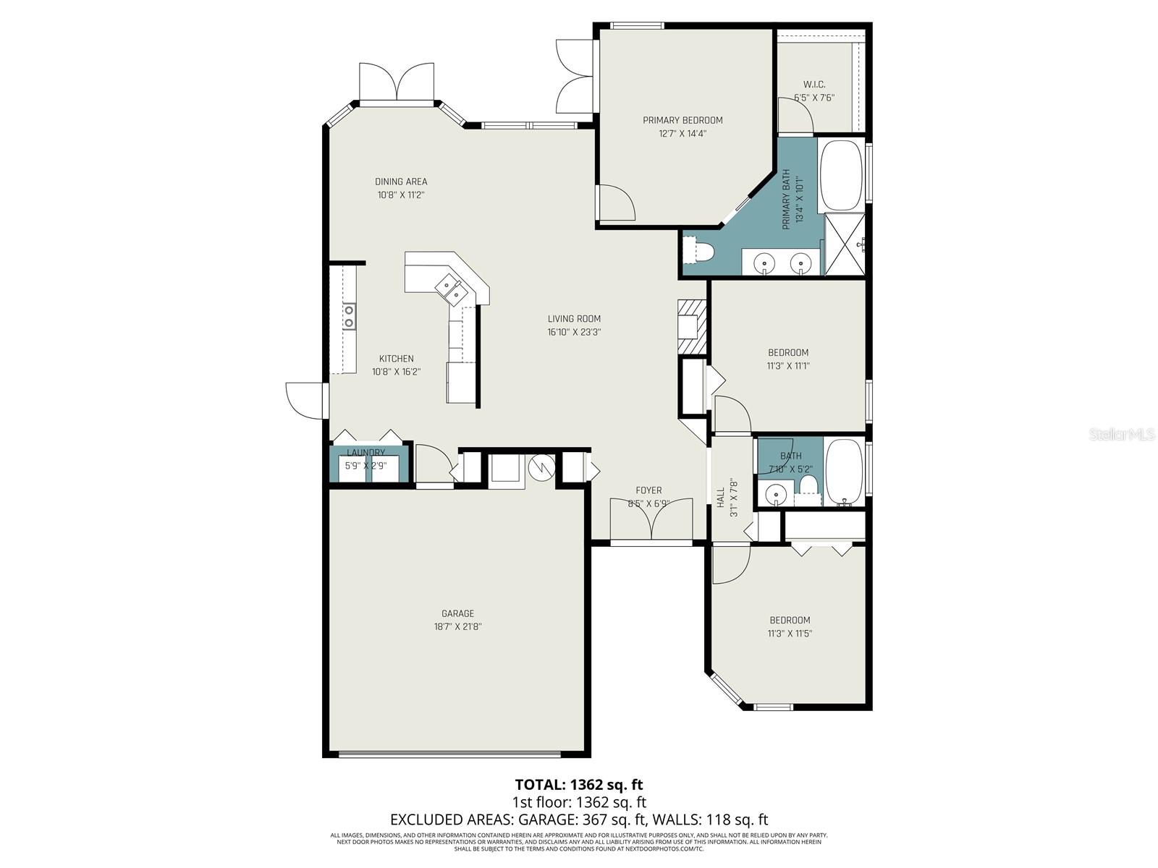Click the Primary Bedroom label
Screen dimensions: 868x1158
tap(682, 120)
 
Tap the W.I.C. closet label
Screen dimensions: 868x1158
tap(813, 85)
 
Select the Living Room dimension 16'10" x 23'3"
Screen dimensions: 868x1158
tap(574, 333)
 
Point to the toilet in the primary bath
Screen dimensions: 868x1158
tap(703, 252)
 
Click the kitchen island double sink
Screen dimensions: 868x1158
tap(452, 289)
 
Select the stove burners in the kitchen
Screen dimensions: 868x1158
tap(349, 315)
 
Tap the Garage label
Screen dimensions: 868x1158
tap(457, 613)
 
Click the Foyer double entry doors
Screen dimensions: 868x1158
tap(651, 519)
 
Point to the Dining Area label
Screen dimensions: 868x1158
tap(400, 182)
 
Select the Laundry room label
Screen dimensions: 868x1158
tap(365, 453)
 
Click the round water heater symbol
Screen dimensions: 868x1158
tap(541, 468)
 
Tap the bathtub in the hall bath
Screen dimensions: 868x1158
tap(844, 471)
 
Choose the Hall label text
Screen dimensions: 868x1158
tap(721, 497)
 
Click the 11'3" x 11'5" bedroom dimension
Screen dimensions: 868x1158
tap(790, 634)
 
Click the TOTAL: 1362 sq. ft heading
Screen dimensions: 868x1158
tap(578, 784)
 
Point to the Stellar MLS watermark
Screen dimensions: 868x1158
tap(1122, 435)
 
